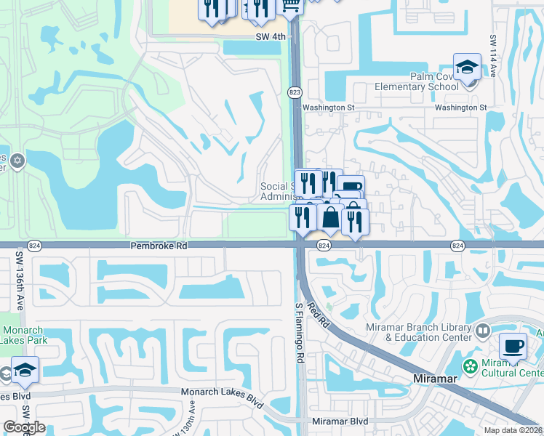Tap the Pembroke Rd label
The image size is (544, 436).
coord(159,246)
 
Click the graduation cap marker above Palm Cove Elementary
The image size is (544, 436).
coord(466,68)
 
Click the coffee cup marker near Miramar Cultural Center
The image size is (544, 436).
coord(513,347)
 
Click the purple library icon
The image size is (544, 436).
coord(482,331)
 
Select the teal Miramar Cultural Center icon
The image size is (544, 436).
coord(470,366)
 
